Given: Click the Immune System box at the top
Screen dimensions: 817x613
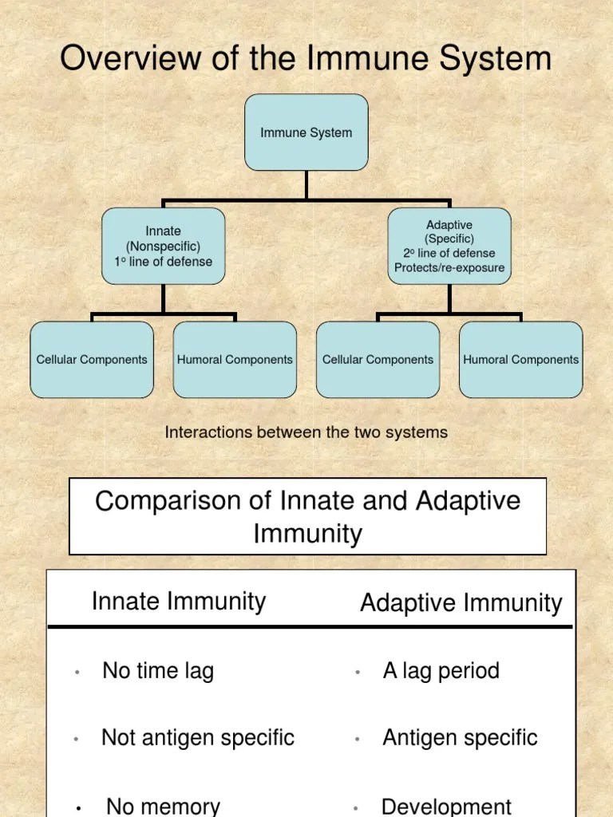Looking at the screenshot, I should pos(306,132).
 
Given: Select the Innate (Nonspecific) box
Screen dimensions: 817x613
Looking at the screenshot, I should pos(163,246).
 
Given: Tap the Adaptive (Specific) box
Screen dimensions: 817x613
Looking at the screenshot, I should pos(449,246).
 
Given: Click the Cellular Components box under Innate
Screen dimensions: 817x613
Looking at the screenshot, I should pos(92,360).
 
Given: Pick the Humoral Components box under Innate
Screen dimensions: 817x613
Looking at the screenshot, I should pos(235,360).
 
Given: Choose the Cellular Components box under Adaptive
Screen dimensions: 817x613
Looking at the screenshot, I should pos(378,360).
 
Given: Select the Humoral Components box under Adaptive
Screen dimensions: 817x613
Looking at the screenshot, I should pos(520,360).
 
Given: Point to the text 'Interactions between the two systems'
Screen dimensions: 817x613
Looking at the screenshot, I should pos(306,432).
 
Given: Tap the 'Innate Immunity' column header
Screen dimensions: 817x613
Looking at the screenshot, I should pos(179,601).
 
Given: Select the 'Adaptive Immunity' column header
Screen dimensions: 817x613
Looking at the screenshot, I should pos(461,603).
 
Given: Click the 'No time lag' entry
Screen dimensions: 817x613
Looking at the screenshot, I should pos(158,671).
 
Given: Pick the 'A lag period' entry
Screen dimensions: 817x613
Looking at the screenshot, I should pos(441,670).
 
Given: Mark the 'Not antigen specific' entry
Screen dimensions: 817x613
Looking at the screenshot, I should pos(198,738).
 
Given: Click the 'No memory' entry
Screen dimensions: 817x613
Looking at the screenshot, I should pos(163,806).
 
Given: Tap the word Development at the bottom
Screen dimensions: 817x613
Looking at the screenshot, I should pos(446,806).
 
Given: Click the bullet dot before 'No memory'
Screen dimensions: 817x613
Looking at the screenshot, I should pos(78,808).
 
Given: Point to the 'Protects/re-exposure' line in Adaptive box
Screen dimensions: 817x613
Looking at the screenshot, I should pos(449,268).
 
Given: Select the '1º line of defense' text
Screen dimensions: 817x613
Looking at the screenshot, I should pos(163,261).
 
